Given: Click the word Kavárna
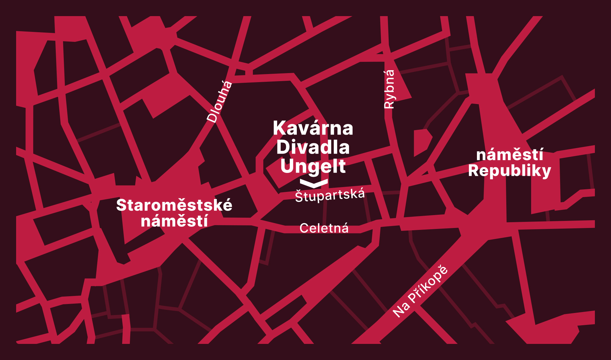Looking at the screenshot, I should tap(313, 128).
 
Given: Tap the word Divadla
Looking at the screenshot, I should tap(313, 147).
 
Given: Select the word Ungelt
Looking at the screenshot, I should tap(313, 166).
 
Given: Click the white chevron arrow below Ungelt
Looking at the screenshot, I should tap(314, 183).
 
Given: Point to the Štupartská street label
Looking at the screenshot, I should tap(330, 195).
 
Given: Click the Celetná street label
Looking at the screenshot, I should tap(324, 228).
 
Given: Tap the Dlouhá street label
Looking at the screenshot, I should tap(219, 101).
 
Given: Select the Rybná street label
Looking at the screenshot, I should tap(389, 89).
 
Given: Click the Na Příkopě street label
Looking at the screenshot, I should tap(420, 291).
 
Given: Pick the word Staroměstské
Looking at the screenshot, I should tap(174, 205).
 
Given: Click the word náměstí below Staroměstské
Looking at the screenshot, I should tap(174, 222).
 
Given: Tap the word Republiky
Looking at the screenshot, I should tap(509, 171).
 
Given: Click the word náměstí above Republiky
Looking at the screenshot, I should tap(509, 155).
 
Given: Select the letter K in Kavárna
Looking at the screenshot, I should tap(279, 128).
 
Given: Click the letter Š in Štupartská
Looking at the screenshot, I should tap(299, 197).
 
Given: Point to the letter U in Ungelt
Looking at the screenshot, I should tap(286, 166).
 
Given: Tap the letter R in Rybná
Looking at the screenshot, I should tap(389, 104).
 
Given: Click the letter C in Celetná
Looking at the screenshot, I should tap(304, 228).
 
